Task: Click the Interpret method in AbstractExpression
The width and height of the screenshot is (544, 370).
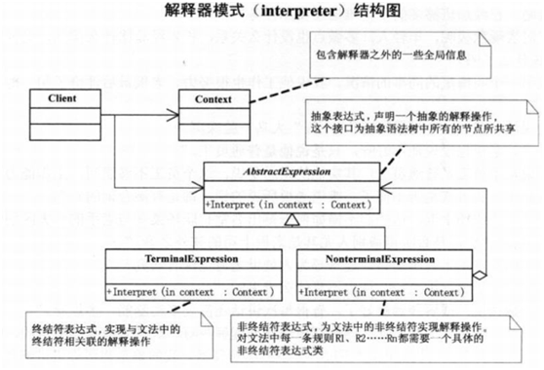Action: [290, 205]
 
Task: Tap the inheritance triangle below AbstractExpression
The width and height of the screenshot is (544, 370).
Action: [291, 223]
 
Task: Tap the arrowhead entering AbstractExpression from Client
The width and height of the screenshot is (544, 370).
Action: [198, 187]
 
